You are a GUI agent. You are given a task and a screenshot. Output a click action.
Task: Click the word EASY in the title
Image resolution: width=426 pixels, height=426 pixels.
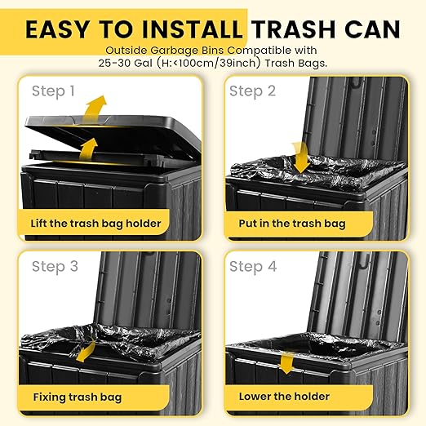60,29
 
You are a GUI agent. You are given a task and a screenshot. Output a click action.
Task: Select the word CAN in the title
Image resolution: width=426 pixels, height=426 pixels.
371,29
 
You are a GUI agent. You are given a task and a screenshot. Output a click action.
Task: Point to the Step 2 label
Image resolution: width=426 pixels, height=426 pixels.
252,91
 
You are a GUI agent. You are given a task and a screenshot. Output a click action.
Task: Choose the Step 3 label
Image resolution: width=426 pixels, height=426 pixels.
55,266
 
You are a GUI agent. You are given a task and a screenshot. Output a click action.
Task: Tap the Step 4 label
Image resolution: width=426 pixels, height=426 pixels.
253,266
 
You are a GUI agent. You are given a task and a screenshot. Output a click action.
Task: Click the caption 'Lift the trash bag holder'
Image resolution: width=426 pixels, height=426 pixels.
97,223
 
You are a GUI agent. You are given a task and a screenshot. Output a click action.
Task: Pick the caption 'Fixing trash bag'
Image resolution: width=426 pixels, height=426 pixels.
78,397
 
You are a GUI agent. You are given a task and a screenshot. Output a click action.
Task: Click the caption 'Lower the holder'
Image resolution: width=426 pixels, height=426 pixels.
284,397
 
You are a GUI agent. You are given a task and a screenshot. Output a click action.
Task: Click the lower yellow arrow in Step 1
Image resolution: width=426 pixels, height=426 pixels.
87,149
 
